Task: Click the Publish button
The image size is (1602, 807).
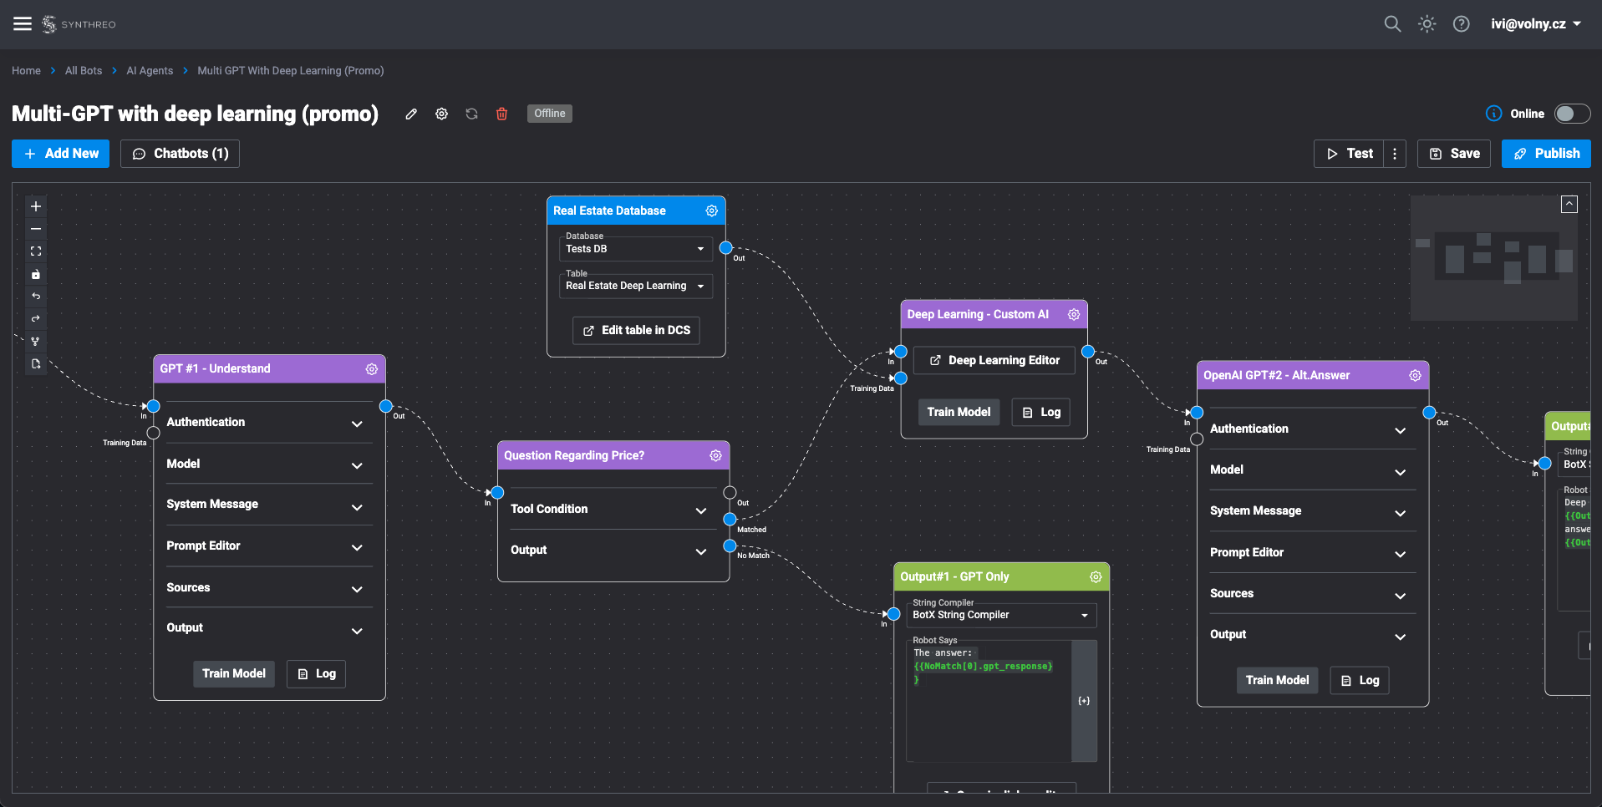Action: click(1545, 154)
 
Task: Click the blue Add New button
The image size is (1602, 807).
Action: click(60, 154)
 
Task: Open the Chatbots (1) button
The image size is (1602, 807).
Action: click(180, 154)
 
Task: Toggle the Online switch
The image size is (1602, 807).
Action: click(1571, 114)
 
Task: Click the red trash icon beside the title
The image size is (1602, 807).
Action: click(501, 114)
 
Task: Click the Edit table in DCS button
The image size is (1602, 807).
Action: click(636, 330)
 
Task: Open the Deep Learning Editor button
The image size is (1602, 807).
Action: click(994, 360)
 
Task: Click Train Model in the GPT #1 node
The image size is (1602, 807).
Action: click(233, 673)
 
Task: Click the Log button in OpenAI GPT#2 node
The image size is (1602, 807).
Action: click(1360, 680)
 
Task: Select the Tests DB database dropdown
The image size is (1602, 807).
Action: click(635, 249)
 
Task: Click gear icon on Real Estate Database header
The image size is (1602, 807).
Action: click(711, 211)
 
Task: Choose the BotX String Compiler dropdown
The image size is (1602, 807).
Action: click(1001, 615)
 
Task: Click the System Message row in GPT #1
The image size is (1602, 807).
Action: click(263, 505)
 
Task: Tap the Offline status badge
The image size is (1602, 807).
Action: click(549, 114)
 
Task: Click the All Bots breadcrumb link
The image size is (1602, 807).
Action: click(84, 71)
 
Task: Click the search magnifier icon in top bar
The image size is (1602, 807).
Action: click(1391, 24)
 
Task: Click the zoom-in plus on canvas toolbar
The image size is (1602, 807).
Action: click(36, 206)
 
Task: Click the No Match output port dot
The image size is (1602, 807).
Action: click(730, 546)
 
